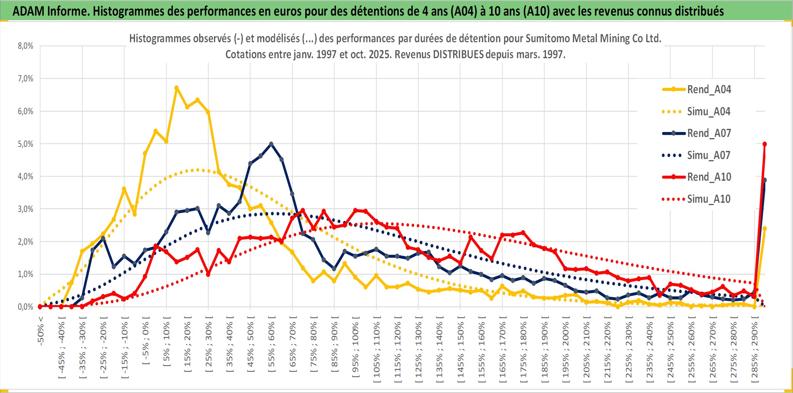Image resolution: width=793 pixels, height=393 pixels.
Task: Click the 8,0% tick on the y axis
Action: tap(25, 46)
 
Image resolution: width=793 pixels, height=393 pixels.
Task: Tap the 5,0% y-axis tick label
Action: tap(25, 144)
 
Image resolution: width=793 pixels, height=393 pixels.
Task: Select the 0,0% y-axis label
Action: tap(25, 307)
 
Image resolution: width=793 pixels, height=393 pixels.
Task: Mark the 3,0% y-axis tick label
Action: tap(25, 209)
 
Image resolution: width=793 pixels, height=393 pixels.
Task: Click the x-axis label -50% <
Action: tap(41, 331)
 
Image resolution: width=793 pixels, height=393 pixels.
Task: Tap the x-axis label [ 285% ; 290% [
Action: tap(755, 352)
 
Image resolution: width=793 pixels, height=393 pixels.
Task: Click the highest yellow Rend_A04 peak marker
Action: tap(176, 88)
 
